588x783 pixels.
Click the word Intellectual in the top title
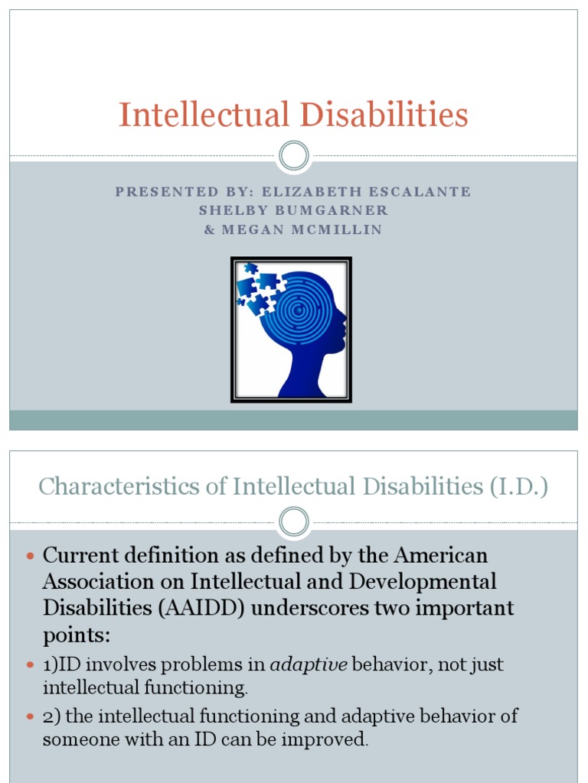coord(203,115)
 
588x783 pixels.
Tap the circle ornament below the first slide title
coord(293,157)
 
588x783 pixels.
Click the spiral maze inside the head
coord(302,310)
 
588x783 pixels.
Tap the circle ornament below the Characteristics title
coord(293,522)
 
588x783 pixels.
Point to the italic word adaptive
coord(315,665)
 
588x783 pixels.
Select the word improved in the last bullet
coord(322,739)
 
